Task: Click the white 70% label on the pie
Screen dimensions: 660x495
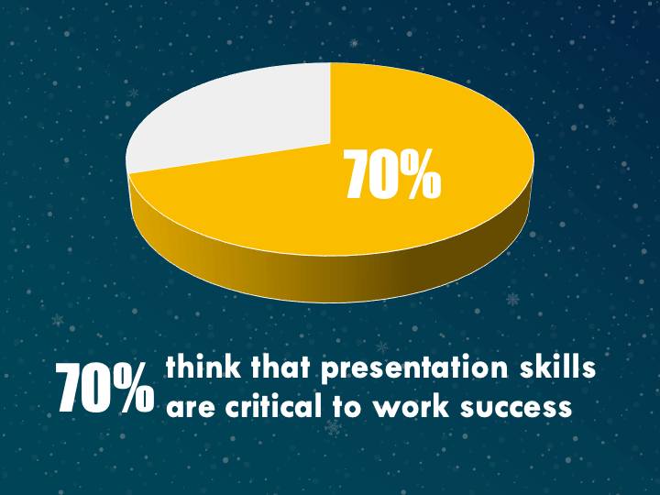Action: tap(392, 173)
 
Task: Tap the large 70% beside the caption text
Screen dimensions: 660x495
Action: tap(104, 388)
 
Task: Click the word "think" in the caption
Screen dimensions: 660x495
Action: tap(203, 367)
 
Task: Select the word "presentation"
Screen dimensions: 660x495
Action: tap(414, 369)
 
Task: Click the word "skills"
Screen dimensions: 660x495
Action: tap(557, 367)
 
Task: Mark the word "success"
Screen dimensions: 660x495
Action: tap(516, 408)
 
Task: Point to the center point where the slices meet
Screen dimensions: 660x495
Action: tap(330, 144)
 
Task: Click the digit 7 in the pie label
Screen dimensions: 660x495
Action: tap(356, 174)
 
